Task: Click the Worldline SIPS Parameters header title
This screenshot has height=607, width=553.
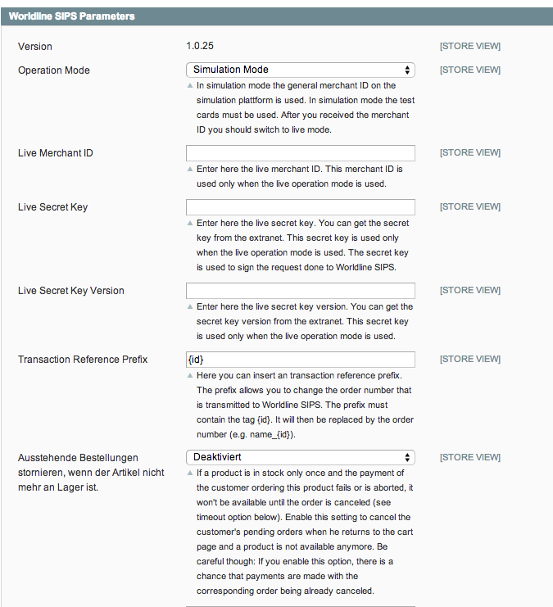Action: [72, 16]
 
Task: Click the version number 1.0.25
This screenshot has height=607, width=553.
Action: [205, 46]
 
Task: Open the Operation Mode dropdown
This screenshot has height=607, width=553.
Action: [300, 70]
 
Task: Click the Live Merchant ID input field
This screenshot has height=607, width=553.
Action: [300, 153]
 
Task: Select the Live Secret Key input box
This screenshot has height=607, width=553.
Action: [300, 207]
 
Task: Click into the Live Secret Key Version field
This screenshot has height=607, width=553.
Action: [300, 291]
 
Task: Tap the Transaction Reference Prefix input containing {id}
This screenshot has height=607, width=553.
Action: [300, 360]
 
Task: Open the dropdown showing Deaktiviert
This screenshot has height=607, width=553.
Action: [300, 457]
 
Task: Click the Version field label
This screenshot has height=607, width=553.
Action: [35, 47]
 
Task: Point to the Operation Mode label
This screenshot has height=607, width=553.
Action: [54, 70]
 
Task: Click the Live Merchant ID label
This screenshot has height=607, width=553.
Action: [56, 153]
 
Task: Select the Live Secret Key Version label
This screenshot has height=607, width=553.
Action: [71, 291]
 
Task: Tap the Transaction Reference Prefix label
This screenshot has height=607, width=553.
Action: [83, 360]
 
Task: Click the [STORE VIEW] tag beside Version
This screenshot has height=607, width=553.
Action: [469, 46]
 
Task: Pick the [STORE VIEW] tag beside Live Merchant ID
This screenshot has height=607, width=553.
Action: [469, 153]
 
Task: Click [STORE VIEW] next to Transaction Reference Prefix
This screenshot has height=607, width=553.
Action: [469, 360]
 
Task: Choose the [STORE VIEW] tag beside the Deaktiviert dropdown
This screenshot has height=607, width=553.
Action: [469, 457]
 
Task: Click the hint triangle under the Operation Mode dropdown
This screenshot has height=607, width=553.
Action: [190, 85]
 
